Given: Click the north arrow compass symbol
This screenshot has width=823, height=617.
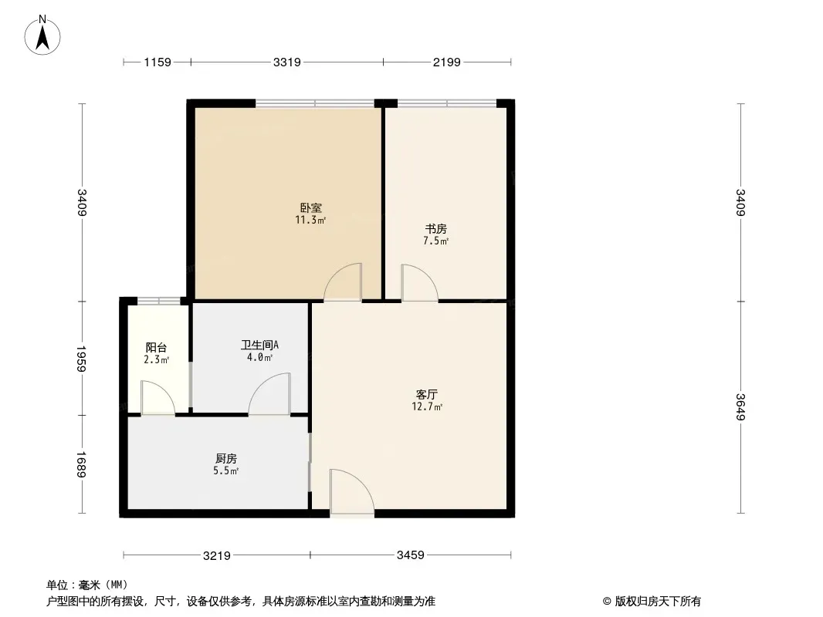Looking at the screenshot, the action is (x=42, y=35).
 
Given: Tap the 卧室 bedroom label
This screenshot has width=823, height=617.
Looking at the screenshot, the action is (x=310, y=207).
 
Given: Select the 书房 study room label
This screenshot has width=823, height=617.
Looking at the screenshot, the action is (x=435, y=229).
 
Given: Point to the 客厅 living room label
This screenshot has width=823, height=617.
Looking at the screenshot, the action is (x=427, y=394).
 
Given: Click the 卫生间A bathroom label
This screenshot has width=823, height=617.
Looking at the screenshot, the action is (x=260, y=345).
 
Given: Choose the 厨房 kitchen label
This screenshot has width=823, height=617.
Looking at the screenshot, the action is (x=226, y=459).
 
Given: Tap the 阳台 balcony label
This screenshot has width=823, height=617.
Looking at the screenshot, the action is (x=156, y=348).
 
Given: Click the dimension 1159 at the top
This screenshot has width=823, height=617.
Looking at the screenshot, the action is (x=157, y=62).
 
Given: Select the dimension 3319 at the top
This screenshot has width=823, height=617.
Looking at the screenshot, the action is (x=287, y=62).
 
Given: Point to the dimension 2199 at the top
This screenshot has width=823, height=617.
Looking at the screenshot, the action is (x=447, y=62).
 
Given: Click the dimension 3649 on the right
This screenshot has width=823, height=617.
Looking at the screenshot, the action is (x=740, y=406).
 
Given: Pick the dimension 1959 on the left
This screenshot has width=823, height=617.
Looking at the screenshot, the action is (x=81, y=359).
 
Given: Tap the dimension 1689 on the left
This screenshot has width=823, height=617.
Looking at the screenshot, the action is (x=81, y=464).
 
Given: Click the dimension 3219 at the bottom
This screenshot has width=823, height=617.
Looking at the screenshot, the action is (x=217, y=555).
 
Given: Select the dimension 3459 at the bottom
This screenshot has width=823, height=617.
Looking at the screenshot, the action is (x=411, y=555).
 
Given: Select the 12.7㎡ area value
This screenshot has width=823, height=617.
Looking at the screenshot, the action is (x=427, y=406).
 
